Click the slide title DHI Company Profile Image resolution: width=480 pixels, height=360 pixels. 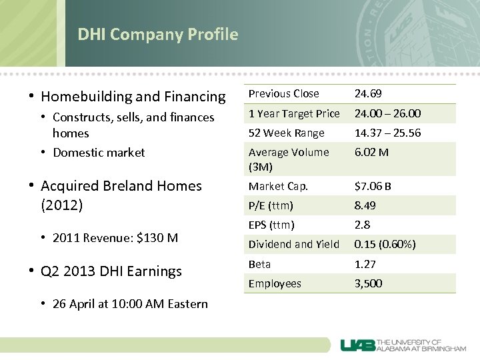pyautogui.click(x=157, y=35)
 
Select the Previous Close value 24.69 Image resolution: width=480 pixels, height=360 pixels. pyautogui.click(x=368, y=94)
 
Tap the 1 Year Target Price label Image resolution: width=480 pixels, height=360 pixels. pyautogui.click(x=294, y=113)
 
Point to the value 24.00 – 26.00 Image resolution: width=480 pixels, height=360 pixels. pyautogui.click(x=387, y=113)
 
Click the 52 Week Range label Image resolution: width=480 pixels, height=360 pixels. pyautogui.click(x=286, y=133)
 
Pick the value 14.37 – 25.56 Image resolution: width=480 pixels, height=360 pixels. pyautogui.click(x=387, y=133)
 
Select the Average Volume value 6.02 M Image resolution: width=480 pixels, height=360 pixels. pyautogui.click(x=371, y=152)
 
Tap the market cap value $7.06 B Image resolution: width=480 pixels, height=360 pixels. pyautogui.click(x=373, y=186)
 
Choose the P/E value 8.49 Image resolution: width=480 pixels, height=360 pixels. pyautogui.click(x=365, y=205)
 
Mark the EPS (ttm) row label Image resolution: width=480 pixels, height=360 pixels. pyautogui.click(x=271, y=225)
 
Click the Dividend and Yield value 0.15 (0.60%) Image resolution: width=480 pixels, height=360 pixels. pyautogui.click(x=385, y=244)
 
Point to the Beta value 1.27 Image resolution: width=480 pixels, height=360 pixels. pyautogui.click(x=365, y=264)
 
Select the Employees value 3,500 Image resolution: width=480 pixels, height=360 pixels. pyautogui.click(x=369, y=283)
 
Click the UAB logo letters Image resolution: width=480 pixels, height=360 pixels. pyautogui.click(x=357, y=345)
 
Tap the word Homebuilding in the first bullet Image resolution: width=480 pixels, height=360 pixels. pyautogui.click(x=86, y=97)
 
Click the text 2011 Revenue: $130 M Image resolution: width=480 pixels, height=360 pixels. pyautogui.click(x=115, y=237)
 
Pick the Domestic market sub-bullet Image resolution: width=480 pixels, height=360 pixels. pyautogui.click(x=99, y=153)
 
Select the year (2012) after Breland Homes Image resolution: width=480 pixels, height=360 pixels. pyautogui.click(x=61, y=205)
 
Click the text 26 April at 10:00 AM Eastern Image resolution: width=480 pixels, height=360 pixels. pyautogui.click(x=130, y=304)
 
